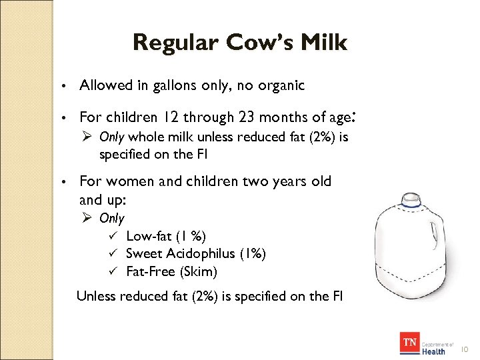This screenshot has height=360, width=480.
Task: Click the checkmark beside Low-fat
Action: click(113, 236)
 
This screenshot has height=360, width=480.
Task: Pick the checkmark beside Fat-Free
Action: click(113, 271)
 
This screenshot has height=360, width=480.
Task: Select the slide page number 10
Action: click(465, 349)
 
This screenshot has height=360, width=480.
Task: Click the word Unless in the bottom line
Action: click(96, 296)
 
